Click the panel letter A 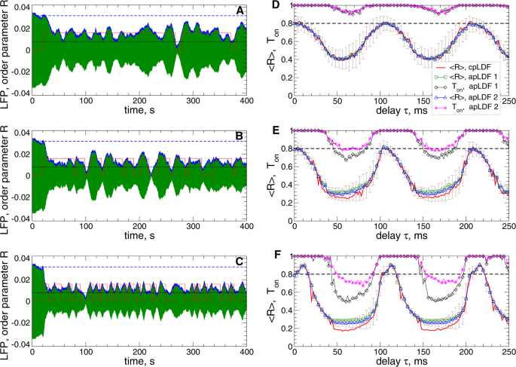(x=240, y=11)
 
